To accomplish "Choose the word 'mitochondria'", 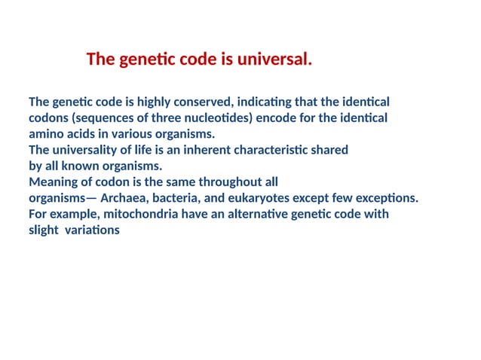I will pyautogui.click(x=139, y=215).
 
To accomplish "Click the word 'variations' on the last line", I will pyautogui.click(x=92, y=230).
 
